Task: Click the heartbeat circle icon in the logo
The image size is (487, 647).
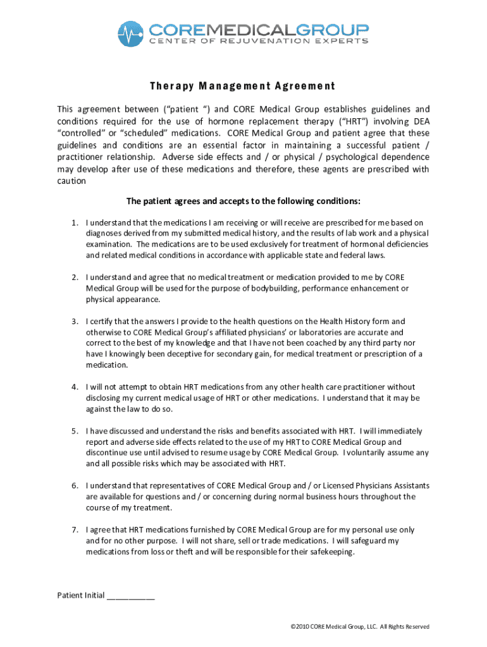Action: tap(132, 34)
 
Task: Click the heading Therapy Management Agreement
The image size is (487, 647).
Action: tap(242, 86)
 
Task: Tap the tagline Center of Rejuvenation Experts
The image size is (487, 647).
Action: tap(258, 42)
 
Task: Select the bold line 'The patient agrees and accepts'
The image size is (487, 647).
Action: tap(244, 201)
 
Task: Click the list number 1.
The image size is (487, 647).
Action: tap(74, 222)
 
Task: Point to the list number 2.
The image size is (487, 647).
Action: tap(74, 277)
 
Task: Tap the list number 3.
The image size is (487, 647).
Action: tap(74, 321)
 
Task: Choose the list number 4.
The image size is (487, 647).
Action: tap(74, 387)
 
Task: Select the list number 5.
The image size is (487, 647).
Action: tap(74, 431)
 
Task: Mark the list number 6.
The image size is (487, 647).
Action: tap(74, 485)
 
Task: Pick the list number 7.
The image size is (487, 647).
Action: tap(74, 529)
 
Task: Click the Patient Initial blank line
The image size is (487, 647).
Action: tap(131, 595)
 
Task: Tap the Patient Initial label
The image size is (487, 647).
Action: tap(81, 595)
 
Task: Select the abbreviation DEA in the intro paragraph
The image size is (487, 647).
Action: tap(421, 121)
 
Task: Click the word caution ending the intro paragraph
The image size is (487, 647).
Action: tap(71, 181)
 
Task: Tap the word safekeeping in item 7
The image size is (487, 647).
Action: tap(332, 552)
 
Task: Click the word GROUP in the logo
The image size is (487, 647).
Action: tap(333, 29)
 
